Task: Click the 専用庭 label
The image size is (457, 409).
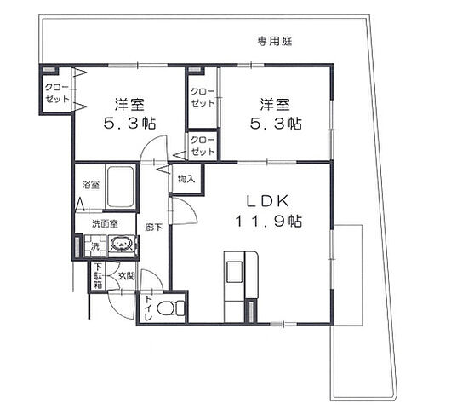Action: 274,40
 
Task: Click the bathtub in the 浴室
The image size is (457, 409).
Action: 119,187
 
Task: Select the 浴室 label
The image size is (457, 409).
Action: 89,185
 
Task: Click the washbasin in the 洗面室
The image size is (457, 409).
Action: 123,245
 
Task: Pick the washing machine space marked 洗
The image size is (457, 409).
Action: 94,247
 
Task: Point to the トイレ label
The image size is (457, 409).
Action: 148,308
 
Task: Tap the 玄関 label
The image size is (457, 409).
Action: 126,276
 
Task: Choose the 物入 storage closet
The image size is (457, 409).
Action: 187,180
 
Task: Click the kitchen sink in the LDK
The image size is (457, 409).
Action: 234,273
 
